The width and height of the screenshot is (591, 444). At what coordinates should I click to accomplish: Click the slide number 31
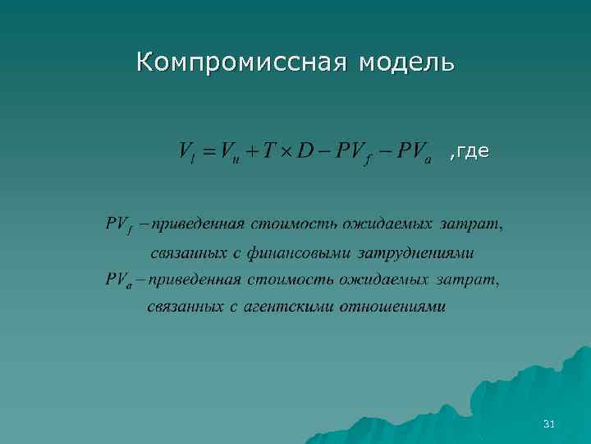tap(549, 424)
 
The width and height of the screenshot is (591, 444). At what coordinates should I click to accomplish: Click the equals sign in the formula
tap(207, 152)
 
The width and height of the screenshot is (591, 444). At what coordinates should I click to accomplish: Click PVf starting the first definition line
tap(119, 224)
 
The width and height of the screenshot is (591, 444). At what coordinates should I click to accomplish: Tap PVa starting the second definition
tap(119, 280)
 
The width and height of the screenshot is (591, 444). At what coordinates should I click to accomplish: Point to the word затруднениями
tap(422, 252)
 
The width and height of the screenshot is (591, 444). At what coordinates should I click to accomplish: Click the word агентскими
tap(286, 308)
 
